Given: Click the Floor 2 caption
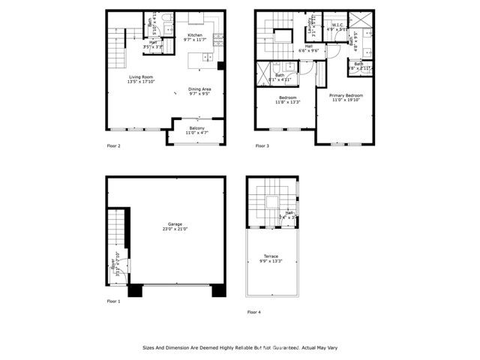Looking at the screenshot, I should tap(114, 145).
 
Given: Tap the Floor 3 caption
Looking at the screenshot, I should tap(262, 145).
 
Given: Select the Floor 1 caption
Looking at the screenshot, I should tap(113, 301).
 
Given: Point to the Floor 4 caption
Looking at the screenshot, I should tap(254, 311).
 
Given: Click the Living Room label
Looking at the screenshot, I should tap(142, 76).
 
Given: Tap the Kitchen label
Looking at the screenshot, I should tap(195, 35).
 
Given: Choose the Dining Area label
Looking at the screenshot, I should tap(199, 89).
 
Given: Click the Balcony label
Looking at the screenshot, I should tap(196, 128).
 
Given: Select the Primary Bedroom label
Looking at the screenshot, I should tap(346, 95).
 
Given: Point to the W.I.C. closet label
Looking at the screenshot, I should tap(337, 25).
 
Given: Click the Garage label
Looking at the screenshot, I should tap(175, 225).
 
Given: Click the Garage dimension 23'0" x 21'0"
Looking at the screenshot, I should tap(175, 230).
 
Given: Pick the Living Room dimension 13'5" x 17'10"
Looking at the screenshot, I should tap(142, 82).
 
